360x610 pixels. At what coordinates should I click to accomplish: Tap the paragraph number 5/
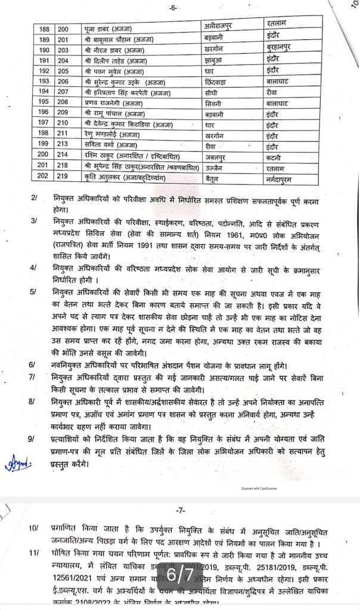point(35,292)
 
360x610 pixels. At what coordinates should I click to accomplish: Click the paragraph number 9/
point(35,438)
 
